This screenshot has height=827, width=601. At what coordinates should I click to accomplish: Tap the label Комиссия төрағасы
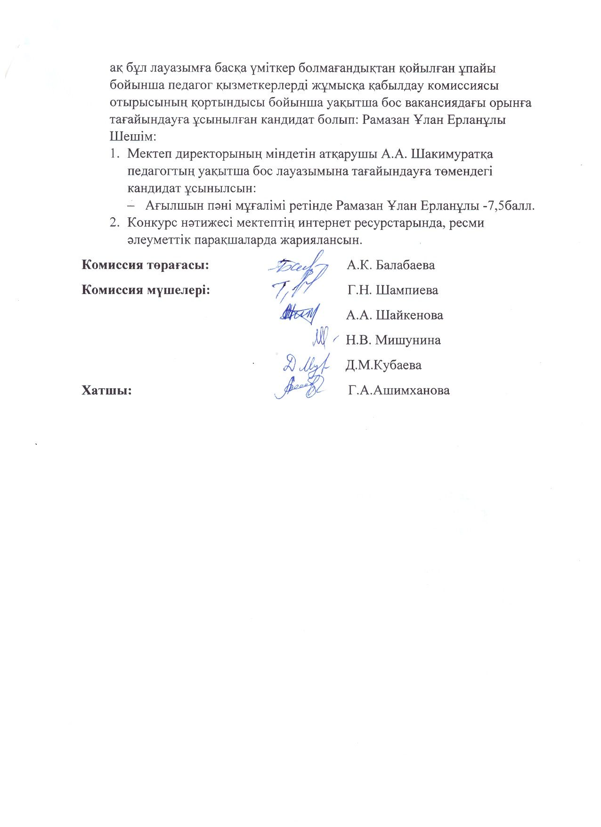(x=146, y=265)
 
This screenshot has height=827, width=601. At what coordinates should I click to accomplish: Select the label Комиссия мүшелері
(x=146, y=290)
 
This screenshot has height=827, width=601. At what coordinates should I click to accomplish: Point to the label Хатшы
(x=106, y=390)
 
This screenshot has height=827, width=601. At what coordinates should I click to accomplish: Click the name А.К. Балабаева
(x=390, y=265)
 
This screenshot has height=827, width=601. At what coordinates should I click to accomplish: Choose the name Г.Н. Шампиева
(x=393, y=290)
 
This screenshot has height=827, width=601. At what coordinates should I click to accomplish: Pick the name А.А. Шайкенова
(x=394, y=315)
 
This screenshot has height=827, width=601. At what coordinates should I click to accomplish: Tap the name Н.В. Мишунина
(x=393, y=340)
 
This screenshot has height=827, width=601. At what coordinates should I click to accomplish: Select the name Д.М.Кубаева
(x=383, y=365)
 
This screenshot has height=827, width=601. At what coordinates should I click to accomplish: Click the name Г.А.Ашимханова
(x=398, y=390)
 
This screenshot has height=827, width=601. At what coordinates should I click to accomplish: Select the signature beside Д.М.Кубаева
(x=301, y=364)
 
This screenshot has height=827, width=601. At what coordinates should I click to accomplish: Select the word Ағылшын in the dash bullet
(x=168, y=206)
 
